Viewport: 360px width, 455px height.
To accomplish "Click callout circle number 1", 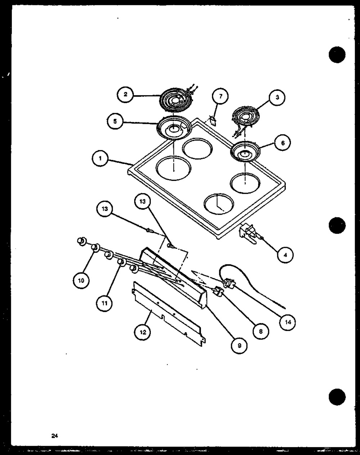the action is click(100, 159).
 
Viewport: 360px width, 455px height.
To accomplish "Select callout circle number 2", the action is click(125, 94).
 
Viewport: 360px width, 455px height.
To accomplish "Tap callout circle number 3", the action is click(277, 97).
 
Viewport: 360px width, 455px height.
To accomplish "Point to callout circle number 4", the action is click(285, 255).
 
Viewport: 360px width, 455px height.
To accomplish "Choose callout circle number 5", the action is click(115, 121).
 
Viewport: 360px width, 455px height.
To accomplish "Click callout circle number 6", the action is click(283, 143).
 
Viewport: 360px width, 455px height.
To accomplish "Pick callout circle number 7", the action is click(221, 97).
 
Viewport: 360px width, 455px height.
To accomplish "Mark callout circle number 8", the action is click(261, 331).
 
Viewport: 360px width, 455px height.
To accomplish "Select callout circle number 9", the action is click(239, 345).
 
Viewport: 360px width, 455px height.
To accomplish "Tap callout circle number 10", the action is click(81, 281).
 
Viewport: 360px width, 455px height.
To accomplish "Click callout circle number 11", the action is click(104, 303).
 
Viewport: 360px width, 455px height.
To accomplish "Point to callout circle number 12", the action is click(143, 332).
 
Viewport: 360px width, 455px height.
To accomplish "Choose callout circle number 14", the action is click(288, 322).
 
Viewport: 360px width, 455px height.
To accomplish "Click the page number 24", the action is click(54, 436).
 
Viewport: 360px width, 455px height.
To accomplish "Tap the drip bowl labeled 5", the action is click(174, 128).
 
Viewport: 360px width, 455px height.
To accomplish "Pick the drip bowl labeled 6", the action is click(245, 151).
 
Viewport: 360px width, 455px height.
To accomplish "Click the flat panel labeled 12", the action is click(169, 314).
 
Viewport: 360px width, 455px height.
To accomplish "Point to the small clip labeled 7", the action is click(213, 121).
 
